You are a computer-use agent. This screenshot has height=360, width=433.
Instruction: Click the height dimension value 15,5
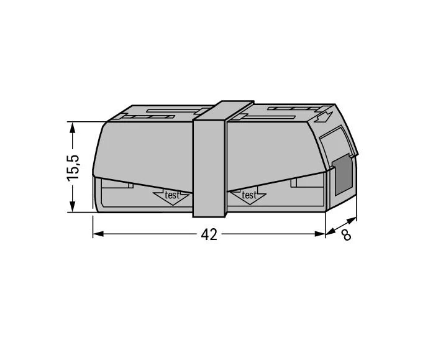click(74, 167)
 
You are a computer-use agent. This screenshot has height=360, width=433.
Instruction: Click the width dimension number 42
click(209, 235)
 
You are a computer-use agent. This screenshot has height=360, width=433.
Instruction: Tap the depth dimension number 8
click(346, 236)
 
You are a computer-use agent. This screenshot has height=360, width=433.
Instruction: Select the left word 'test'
click(171, 195)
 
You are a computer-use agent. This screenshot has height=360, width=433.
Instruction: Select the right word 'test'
click(248, 195)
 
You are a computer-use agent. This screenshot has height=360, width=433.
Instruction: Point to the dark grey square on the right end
click(341, 175)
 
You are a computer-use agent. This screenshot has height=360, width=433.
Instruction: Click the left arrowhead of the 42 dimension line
click(98, 234)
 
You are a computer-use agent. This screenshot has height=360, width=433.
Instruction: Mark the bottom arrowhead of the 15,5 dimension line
click(73, 208)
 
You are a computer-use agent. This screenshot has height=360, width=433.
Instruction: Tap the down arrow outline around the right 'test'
click(248, 197)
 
